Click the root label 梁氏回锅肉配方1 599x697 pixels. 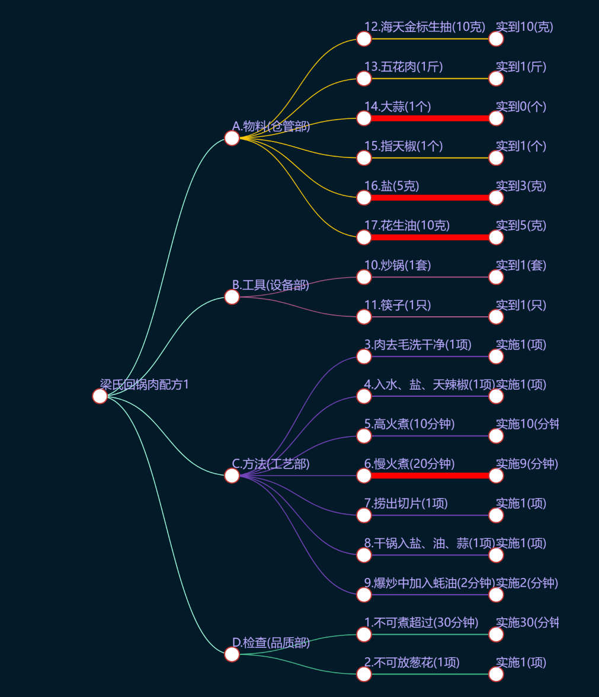tap(144, 385)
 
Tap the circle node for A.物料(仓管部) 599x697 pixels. tap(232, 138)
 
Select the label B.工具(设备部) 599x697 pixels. tap(270, 285)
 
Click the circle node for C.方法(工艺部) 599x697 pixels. tap(232, 476)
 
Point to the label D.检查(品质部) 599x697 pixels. tap(271, 643)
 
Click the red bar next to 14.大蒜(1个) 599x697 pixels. tap(430, 118)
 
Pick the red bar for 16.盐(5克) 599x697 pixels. tap(430, 198)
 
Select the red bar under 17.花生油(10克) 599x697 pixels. tap(430, 237)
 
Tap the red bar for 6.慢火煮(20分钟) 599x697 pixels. tap(430, 476)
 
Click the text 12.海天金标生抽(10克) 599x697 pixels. tap(424, 27)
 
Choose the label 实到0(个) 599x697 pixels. tap(521, 107)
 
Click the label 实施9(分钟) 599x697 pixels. tap(527, 464)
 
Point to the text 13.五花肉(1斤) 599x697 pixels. tap(403, 67)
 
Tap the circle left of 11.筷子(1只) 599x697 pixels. tap(364, 317)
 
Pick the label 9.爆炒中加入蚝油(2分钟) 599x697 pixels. tap(429, 583)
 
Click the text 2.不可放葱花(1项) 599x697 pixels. tap(411, 662)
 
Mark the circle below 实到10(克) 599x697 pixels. tap(496, 39)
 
